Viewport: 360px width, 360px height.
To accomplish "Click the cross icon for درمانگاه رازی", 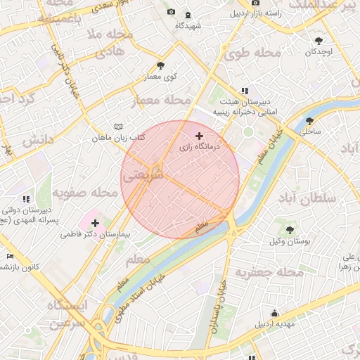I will click(x=200, y=136).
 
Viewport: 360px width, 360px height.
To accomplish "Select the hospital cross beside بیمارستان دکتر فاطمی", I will click(x=95, y=222).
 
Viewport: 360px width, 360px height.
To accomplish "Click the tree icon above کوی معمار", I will click(x=161, y=65).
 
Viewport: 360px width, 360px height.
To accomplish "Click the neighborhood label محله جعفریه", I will click(x=269, y=272).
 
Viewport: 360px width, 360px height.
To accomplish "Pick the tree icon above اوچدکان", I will click(x=319, y=41).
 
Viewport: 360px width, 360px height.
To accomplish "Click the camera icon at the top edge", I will click(x=172, y=13).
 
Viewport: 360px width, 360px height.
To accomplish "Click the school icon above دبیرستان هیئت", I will click(x=245, y=91).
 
